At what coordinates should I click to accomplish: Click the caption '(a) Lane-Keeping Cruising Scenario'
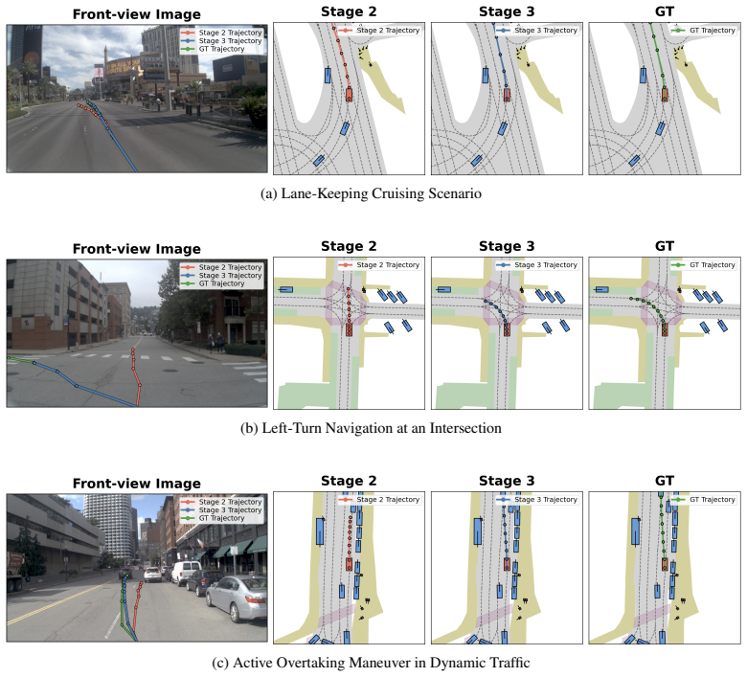[x=371, y=193]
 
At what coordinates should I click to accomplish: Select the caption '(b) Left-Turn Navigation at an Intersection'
[x=371, y=428]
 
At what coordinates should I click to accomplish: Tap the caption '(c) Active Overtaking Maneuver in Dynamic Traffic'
[x=371, y=663]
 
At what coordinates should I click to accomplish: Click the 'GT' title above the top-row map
[x=664, y=11]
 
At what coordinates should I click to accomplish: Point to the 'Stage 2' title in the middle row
[x=349, y=246]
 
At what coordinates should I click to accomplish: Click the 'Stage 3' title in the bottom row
[x=507, y=481]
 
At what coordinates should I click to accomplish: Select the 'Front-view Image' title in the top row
[x=137, y=14]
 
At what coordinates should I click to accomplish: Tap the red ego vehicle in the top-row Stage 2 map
[x=349, y=94]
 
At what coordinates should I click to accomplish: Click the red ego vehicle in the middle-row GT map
[x=665, y=328]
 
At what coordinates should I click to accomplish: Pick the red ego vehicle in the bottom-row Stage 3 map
[x=507, y=564]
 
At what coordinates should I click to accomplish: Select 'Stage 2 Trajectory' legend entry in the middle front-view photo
[x=221, y=267]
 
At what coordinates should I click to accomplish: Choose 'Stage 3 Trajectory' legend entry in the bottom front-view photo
[x=221, y=509]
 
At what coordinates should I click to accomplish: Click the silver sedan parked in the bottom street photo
[x=237, y=598]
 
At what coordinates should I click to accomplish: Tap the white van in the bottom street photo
[x=186, y=573]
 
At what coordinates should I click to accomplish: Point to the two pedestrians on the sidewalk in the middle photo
[x=215, y=342]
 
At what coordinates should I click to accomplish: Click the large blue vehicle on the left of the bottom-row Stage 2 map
[x=320, y=531]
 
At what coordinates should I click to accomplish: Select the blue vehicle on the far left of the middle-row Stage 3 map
[x=443, y=290]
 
